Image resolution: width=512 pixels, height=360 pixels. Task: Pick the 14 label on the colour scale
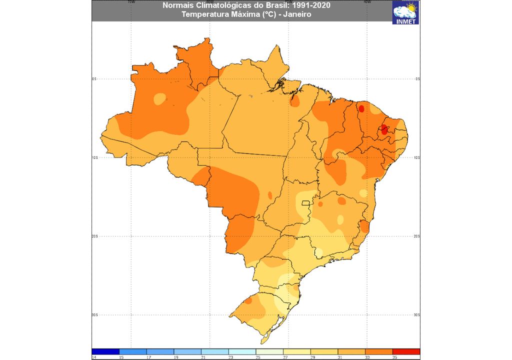click(x=93, y=357)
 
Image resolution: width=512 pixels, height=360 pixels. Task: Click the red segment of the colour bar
click(x=406, y=351)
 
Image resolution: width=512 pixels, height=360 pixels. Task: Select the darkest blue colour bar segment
click(x=105, y=351)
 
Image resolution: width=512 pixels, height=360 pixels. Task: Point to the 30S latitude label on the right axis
click(x=417, y=315)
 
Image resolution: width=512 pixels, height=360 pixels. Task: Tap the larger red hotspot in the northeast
click(x=384, y=129)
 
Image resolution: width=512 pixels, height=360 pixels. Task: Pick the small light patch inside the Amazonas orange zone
click(x=160, y=98)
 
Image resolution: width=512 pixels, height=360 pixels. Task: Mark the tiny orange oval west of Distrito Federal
click(x=270, y=195)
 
